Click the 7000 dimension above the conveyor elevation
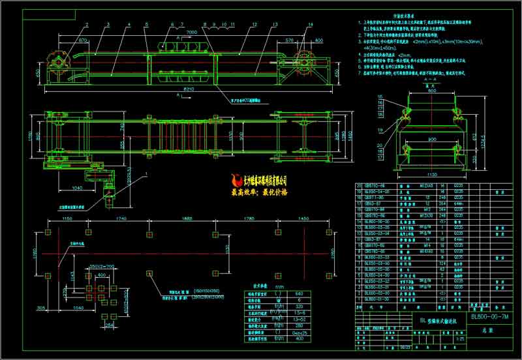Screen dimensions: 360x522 (191, 32)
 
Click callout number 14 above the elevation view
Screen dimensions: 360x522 (311, 24)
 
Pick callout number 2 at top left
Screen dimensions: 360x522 (85, 24)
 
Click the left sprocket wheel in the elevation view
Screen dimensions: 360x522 (58, 63)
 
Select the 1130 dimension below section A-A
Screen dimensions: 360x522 (431, 174)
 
